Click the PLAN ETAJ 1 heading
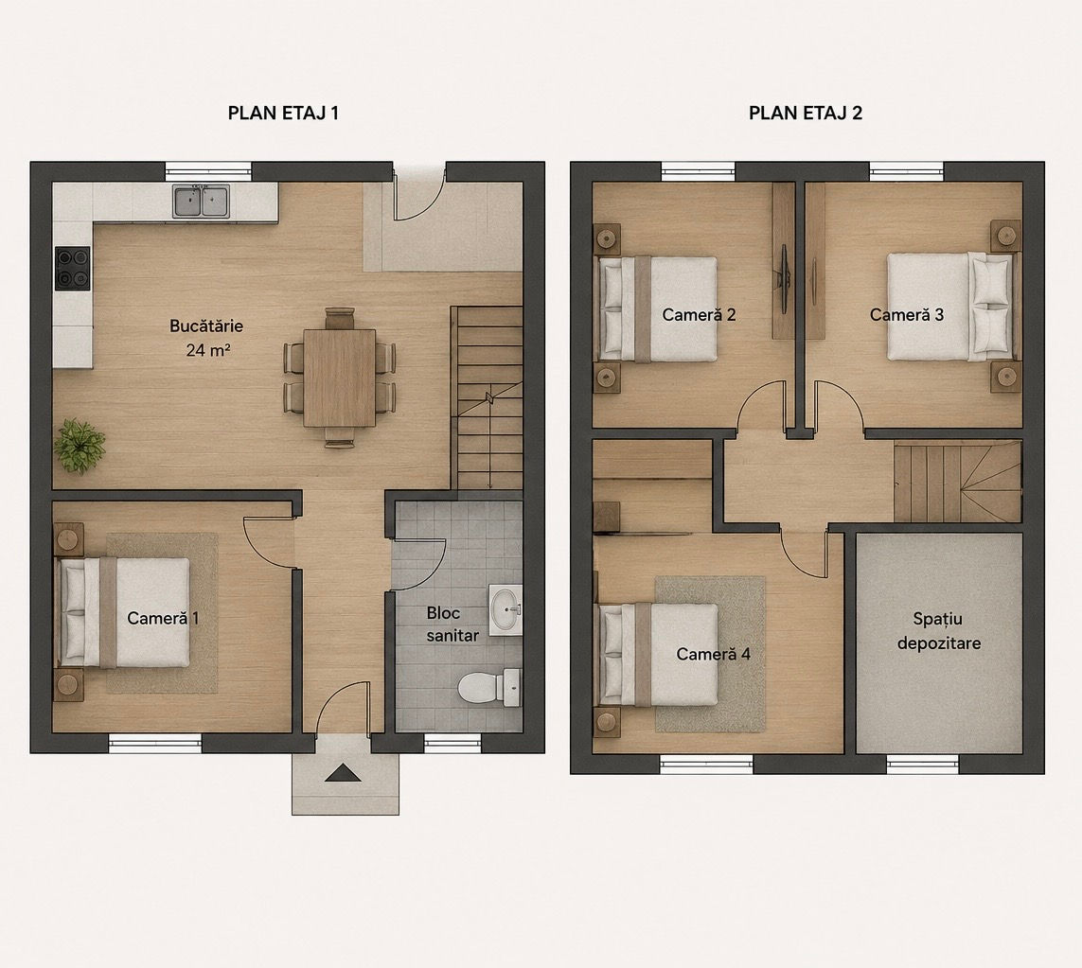click(x=283, y=113)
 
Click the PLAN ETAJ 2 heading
click(x=806, y=113)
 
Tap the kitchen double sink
click(x=201, y=202)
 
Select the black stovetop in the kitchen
click(x=73, y=268)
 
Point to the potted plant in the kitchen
click(x=80, y=446)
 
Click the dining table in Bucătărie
click(x=340, y=378)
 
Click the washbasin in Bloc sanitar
click(x=506, y=609)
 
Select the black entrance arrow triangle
click(x=343, y=773)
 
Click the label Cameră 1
click(x=163, y=618)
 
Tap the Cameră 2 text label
click(x=699, y=314)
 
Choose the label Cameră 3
click(x=907, y=314)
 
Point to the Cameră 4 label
click(x=714, y=654)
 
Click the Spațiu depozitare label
click(x=938, y=631)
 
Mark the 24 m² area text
click(x=207, y=350)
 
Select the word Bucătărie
click(x=206, y=326)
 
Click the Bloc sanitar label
click(x=452, y=625)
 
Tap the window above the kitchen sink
click(x=208, y=171)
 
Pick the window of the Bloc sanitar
click(x=452, y=743)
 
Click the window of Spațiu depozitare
click(x=923, y=764)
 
